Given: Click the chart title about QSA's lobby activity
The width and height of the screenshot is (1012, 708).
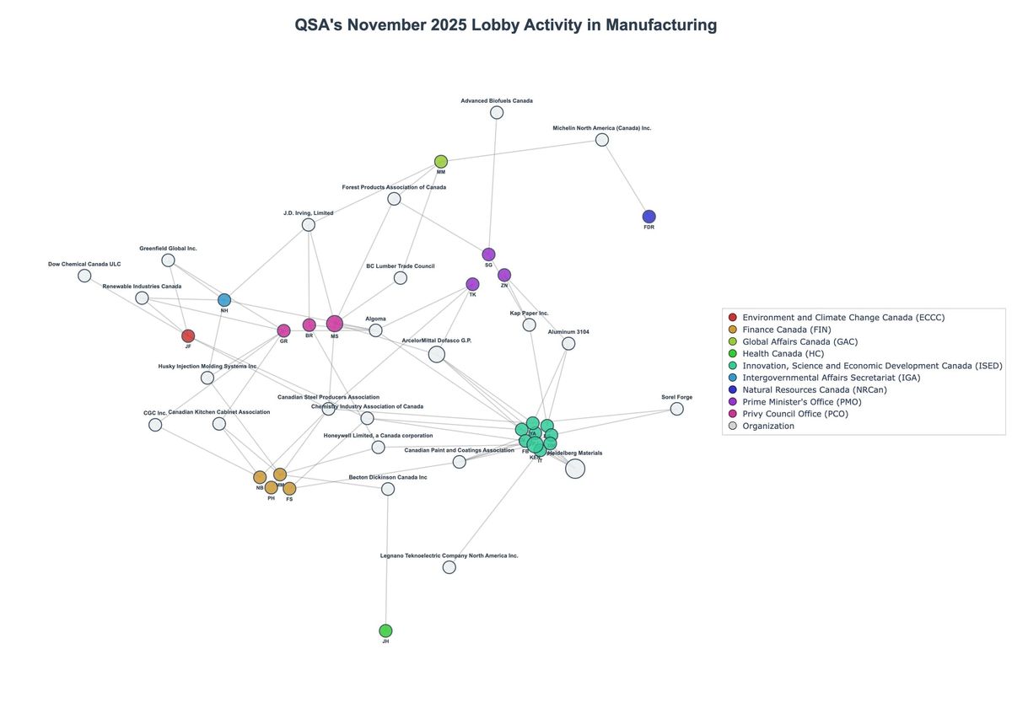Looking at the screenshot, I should coord(505,25).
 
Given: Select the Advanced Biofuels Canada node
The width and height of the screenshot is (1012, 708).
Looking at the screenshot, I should coord(497,112).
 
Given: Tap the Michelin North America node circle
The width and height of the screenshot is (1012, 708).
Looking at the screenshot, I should coord(602,140).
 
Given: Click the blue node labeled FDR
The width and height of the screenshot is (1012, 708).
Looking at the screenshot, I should coord(649,217).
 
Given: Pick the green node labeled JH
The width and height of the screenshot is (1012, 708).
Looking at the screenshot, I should coord(385,630).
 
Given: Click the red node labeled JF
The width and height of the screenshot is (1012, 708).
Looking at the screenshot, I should coord(188,336).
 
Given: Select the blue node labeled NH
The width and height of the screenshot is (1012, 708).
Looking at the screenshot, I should coord(224,300).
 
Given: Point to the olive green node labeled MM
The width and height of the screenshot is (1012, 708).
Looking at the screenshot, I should coord(441,162).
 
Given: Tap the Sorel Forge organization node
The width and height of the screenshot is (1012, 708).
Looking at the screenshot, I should coord(676,409).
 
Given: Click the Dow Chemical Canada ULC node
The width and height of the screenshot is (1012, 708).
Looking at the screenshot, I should coord(84,276).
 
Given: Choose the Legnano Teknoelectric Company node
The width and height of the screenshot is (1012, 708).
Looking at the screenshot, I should coord(449,567).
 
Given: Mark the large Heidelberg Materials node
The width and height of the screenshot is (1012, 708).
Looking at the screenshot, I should coord(575,469).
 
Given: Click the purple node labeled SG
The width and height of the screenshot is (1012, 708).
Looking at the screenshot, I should coord(488,255).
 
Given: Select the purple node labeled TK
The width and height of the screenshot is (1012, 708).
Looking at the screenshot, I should coord(472,284).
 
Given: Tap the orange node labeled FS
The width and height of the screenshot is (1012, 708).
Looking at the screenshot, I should coord(289,489).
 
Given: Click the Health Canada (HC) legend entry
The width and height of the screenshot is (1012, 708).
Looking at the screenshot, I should coord(783,353).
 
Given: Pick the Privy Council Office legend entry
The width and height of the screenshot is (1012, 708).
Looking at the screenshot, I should coord(802,414).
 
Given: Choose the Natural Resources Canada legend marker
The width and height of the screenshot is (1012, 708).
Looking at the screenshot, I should coord(732,389).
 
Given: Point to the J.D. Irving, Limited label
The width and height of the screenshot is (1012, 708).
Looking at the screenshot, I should coord(308,213).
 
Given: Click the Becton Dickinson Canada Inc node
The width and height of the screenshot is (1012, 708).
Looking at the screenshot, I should coord(388,489).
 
